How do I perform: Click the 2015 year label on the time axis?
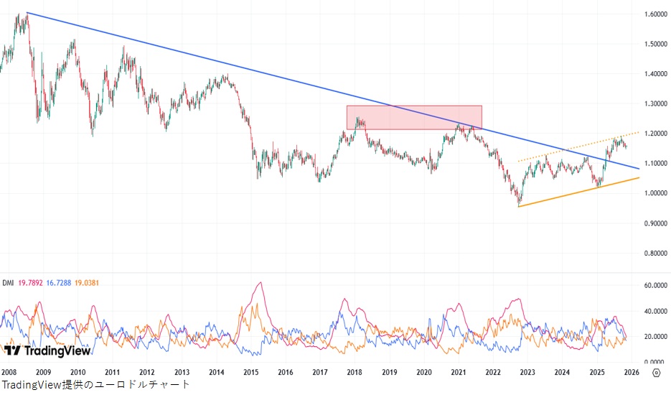click(x=250, y=372)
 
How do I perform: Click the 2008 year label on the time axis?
click(x=9, y=372)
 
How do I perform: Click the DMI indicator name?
click(x=8, y=283)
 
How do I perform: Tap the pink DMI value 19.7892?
click(x=32, y=283)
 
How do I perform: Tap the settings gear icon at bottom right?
click(x=656, y=372)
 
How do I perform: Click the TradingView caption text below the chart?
click(x=95, y=385)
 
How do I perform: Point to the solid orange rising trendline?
click(x=574, y=192)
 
